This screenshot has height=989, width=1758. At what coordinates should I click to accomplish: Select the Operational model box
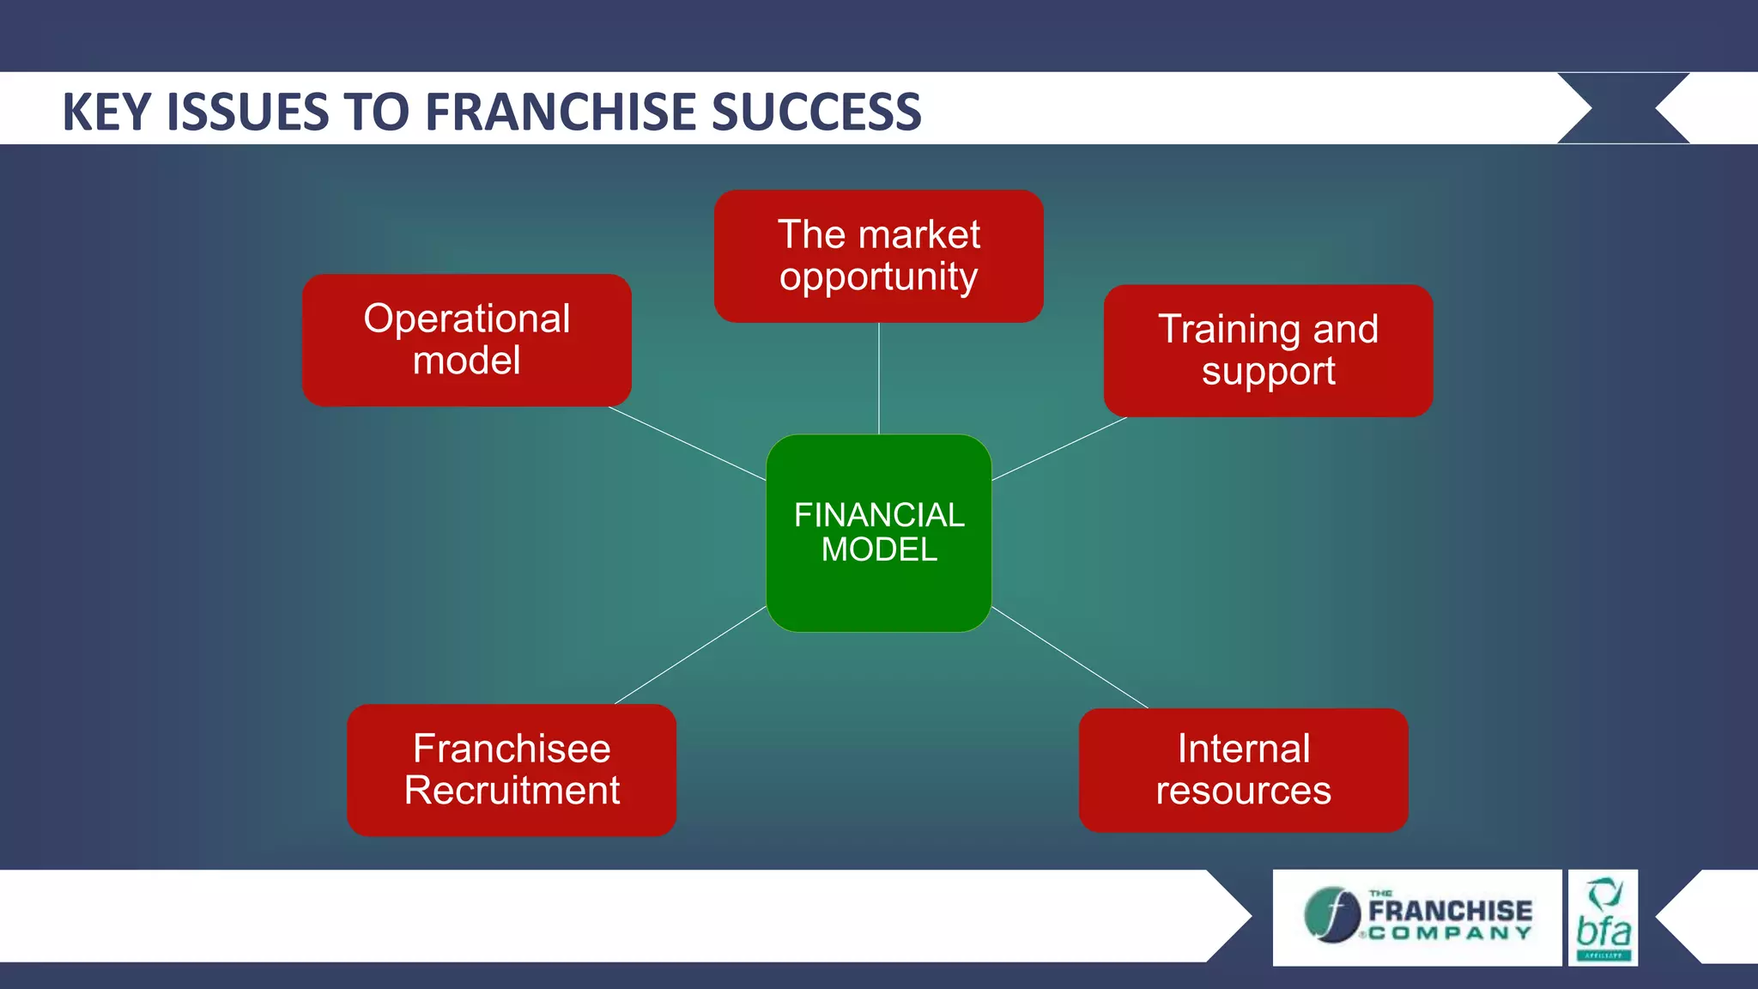pyautogui.click(x=466, y=340)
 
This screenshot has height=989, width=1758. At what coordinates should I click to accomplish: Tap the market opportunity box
pyautogui.click(x=878, y=256)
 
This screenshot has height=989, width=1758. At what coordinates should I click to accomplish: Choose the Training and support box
pyautogui.click(x=1268, y=350)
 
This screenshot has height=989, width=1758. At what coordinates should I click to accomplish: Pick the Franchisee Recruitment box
pyautogui.click(x=512, y=769)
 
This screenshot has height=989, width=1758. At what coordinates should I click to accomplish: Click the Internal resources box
pyautogui.click(x=1243, y=769)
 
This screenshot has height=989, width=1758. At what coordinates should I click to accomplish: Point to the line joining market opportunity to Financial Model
pyautogui.click(x=878, y=378)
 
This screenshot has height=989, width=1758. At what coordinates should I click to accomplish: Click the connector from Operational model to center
pyautogui.click(x=687, y=443)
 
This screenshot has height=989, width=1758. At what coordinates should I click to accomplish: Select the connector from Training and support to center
pyautogui.click(x=1059, y=448)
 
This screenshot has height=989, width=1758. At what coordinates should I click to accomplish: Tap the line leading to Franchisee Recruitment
pyautogui.click(x=690, y=655)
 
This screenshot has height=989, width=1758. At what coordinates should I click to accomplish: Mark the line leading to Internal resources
pyautogui.click(x=1070, y=657)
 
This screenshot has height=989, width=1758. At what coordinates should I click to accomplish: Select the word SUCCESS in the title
pyautogui.click(x=816, y=112)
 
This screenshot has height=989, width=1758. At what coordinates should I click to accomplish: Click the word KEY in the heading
pyautogui.click(x=109, y=112)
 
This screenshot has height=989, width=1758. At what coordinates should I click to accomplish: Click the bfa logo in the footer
pyautogui.click(x=1603, y=918)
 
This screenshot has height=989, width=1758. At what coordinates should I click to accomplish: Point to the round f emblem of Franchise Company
pyautogui.click(x=1331, y=914)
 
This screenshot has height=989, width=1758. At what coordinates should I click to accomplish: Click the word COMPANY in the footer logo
pyautogui.click(x=1450, y=933)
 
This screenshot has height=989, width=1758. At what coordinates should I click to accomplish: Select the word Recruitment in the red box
pyautogui.click(x=512, y=791)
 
